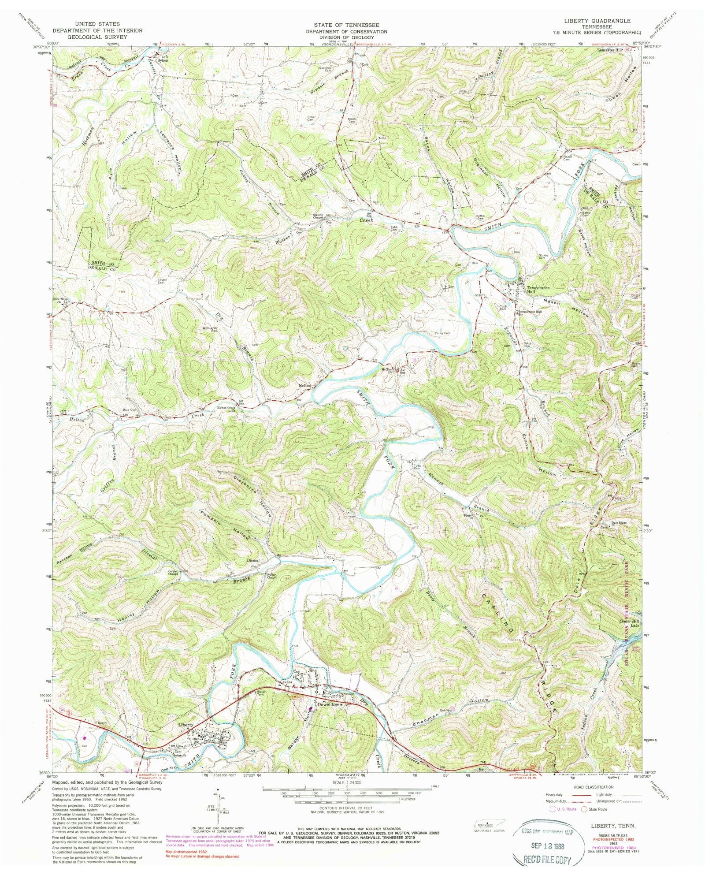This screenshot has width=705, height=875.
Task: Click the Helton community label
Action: (x=305, y=385)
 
